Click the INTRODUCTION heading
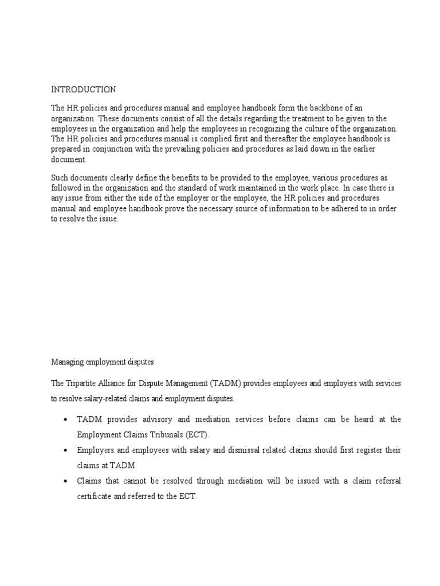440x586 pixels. [84, 90]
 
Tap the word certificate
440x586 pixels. [97, 497]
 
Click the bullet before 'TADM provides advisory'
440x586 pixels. [65, 420]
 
